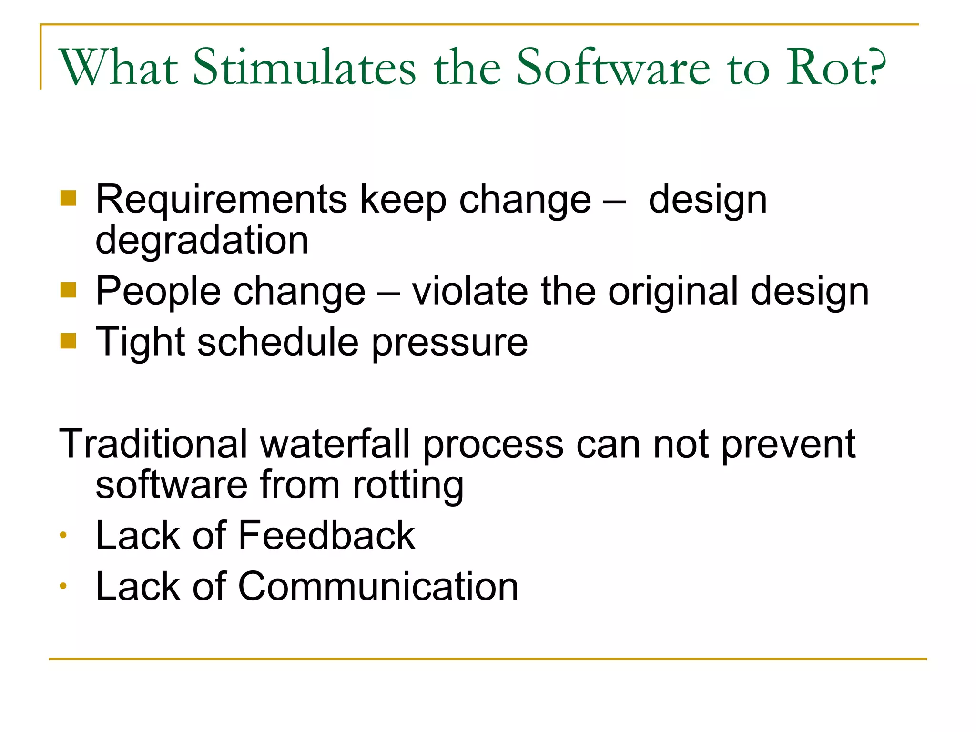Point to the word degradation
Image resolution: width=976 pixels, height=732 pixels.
[202, 241]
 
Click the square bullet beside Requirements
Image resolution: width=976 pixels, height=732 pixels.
[68, 198]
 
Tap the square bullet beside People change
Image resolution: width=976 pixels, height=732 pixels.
[68, 290]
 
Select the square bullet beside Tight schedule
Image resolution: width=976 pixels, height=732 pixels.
[68, 341]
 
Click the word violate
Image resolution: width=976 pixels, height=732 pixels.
[470, 291]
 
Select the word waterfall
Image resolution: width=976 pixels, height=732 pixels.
[335, 444]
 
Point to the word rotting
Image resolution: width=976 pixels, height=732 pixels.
[408, 486]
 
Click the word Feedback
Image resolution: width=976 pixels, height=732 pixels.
[326, 536]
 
